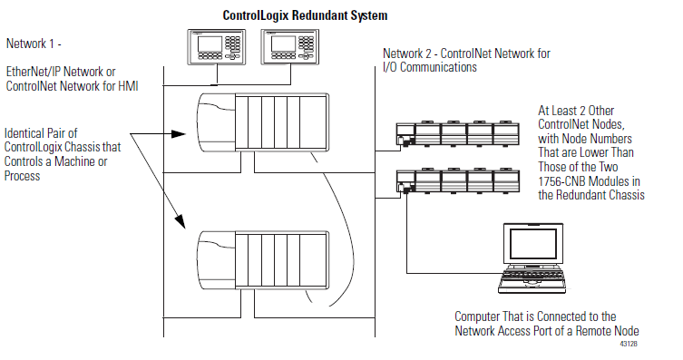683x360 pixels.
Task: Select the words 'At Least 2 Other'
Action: point(579,111)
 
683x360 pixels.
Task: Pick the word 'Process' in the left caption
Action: point(23,176)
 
